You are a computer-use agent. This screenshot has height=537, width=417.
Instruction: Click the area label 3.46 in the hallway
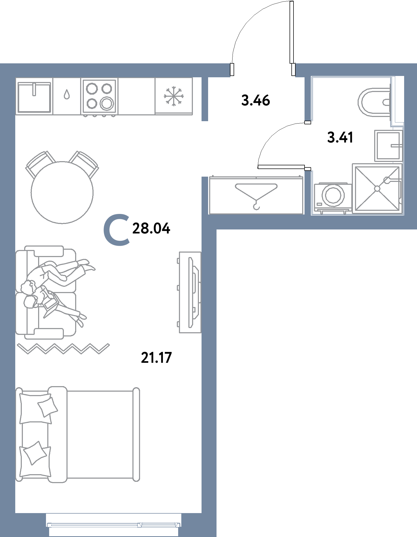coord(255,100)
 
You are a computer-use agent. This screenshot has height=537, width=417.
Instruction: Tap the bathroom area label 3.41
coord(340,137)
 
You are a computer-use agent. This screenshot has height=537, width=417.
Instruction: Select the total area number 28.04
coord(151,228)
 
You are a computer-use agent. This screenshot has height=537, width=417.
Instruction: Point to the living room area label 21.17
coord(156,357)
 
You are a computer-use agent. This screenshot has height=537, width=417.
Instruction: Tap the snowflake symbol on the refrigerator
coord(174,96)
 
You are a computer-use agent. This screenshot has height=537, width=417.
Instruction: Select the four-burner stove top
coord(99,96)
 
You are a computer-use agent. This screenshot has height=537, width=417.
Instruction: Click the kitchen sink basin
coord(34,97)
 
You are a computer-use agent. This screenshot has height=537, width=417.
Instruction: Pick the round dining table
coord(62,192)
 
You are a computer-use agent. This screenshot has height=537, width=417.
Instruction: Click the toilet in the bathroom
coord(374,102)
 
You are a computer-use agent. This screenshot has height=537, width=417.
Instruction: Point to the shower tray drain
coord(377,189)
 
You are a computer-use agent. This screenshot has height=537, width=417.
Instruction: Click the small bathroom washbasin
coord(388,146)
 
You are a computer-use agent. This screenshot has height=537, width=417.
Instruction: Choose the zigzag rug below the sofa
coord(63,349)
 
